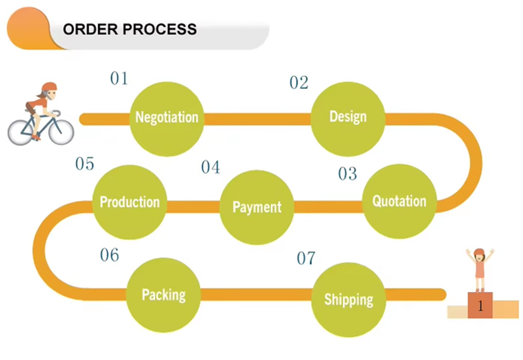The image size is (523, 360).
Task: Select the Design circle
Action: click(x=347, y=117)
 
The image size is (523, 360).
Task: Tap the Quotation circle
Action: click(x=399, y=201)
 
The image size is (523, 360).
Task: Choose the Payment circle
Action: click(x=256, y=207)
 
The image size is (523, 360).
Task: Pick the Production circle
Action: click(x=129, y=202)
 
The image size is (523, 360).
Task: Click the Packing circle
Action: click(x=163, y=295)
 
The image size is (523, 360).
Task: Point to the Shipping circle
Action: click(x=348, y=300)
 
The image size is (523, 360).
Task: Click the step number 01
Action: click(x=118, y=79)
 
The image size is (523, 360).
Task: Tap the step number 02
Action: click(x=299, y=83)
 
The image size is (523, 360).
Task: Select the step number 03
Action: click(x=348, y=174)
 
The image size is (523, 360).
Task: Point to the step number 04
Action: click(x=211, y=168)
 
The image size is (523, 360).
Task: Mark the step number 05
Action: click(x=85, y=164)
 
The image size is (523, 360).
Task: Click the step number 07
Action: click(x=306, y=259)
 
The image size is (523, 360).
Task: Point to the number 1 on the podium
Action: click(x=481, y=305)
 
